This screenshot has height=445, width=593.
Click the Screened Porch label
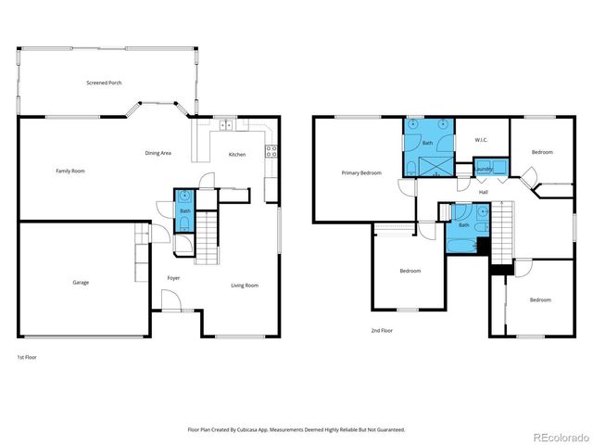click(104, 83)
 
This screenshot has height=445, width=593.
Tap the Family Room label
click(70, 171)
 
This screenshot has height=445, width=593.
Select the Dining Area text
click(158, 153)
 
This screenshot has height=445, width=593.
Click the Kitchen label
click(237, 154)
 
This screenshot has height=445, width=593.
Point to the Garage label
click(82, 282)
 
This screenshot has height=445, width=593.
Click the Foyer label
click(173, 277)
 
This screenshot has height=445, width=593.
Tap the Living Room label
click(245, 286)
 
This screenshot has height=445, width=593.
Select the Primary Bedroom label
click(361, 172)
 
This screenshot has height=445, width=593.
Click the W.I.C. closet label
click(481, 140)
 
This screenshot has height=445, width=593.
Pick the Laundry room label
click(485, 169)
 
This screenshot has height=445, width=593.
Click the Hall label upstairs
click(483, 192)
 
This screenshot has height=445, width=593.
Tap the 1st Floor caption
click(27, 357)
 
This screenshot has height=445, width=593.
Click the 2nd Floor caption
click(382, 330)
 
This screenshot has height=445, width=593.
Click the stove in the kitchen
click(271, 150)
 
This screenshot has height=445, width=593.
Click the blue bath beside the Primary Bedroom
click(429, 146)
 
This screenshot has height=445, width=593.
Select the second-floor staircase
click(501, 232)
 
